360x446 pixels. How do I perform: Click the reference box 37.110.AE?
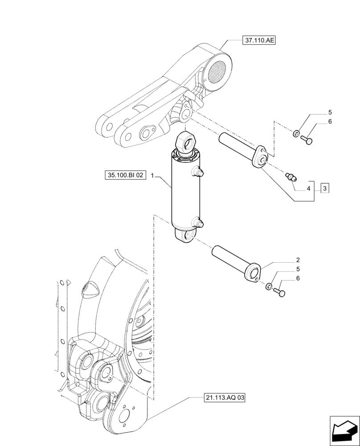point(259,41)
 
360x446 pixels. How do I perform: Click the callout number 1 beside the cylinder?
point(152,176)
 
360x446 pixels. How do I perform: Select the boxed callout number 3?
point(325,189)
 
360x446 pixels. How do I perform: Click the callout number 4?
point(308,189)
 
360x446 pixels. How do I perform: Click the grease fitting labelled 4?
point(290,177)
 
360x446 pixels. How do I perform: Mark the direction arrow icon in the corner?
point(344,429)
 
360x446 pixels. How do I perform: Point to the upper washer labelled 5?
point(296,133)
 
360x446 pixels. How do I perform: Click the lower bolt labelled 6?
point(280,293)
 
